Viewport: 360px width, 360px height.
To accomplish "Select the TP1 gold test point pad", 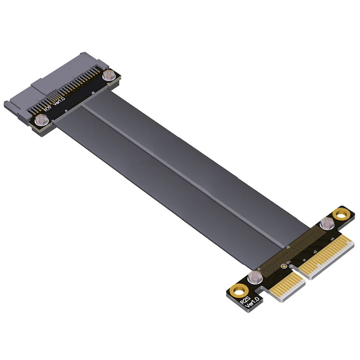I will coord(283,265).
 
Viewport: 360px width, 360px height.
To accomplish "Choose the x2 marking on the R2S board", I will coord(315,251).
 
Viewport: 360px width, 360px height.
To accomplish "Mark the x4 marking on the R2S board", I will coord(333,238).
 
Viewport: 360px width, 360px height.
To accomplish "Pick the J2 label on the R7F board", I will coord(93,93).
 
